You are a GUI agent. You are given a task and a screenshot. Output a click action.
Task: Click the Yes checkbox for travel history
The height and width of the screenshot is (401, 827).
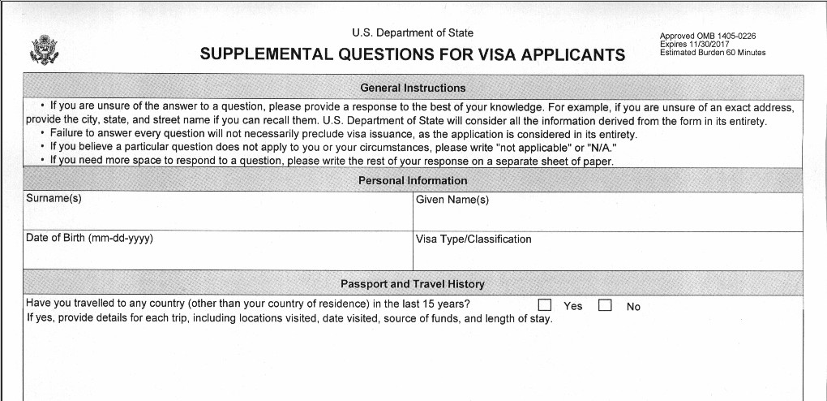coord(545,305)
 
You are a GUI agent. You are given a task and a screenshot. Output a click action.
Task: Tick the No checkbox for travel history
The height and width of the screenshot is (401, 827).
coord(605,305)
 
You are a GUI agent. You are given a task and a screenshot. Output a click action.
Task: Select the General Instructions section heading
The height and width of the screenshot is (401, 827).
coord(413,88)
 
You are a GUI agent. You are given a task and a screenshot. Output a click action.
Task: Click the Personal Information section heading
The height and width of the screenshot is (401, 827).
coord(413,180)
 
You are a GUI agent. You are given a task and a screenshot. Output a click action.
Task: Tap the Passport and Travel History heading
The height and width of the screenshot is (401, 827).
coord(413,284)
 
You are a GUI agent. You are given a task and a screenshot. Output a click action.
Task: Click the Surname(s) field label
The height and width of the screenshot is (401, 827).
coord(54,199)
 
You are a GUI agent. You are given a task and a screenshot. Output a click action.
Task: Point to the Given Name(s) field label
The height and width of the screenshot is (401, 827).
coord(452,200)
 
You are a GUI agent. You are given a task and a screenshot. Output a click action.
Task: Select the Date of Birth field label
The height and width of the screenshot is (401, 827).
coord(89,239)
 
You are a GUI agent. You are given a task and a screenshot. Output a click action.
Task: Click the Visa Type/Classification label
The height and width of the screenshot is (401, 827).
coord(473,239)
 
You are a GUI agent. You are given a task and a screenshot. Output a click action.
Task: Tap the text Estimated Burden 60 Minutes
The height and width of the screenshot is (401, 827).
coord(713,53)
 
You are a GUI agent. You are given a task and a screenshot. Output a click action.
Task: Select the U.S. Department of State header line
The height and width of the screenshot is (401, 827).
coord(413,33)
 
